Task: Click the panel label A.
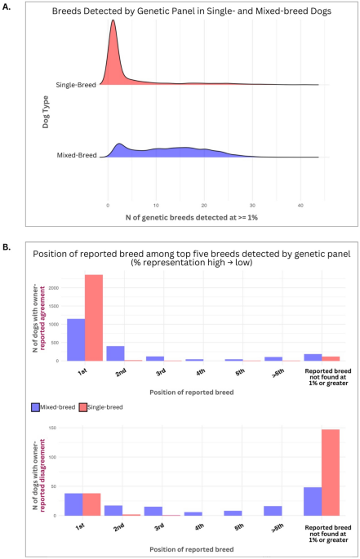coord(7,7)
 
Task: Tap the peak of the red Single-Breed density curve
coord(113,22)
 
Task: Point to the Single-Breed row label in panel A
coord(77,85)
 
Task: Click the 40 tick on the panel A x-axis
coord(300,205)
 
